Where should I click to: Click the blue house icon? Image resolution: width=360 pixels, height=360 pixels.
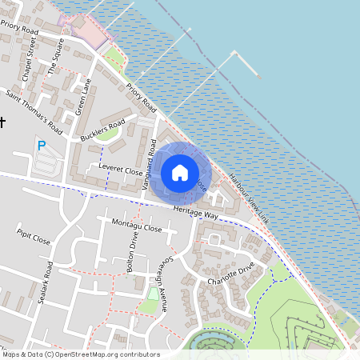click(180, 172)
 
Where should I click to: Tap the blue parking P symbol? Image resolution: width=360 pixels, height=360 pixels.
click(42, 146)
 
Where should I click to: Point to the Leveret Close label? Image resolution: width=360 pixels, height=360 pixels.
click(121, 170)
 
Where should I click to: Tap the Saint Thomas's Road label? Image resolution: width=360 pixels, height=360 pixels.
click(34, 111)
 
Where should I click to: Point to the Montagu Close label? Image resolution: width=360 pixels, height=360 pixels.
click(137, 225)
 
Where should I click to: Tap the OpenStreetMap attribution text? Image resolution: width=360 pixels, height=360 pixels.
click(80, 354)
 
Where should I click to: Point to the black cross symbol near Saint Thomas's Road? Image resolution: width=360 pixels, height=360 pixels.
click(2, 122)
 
